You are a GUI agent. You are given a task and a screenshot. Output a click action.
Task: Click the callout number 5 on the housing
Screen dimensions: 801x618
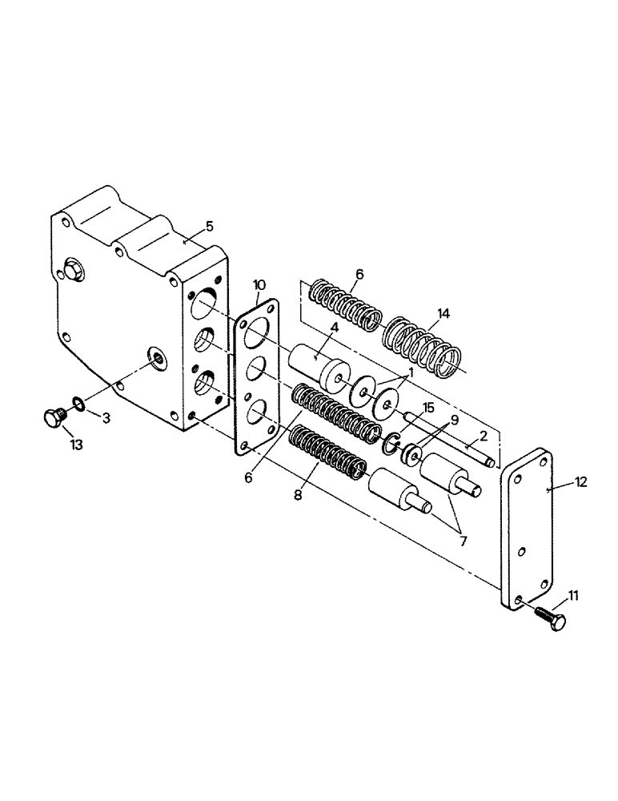(x=209, y=226)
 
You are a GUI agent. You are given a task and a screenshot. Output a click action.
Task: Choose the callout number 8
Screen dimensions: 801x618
(x=298, y=495)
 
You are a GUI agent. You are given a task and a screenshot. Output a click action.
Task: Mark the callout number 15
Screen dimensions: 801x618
(x=429, y=408)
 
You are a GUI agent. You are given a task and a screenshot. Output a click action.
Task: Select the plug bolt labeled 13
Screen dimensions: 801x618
(x=54, y=418)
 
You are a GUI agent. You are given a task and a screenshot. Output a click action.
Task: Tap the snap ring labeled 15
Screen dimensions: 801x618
(x=391, y=442)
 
